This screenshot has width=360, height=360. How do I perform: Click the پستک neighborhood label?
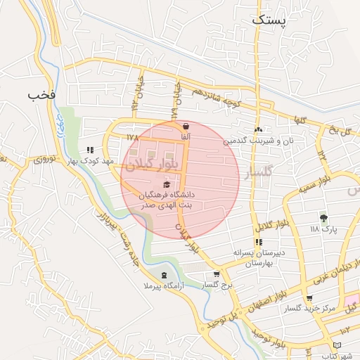[x=269, y=20]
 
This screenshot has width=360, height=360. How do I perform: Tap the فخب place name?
[x=41, y=94]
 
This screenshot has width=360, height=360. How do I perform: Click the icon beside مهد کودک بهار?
[x=90, y=150]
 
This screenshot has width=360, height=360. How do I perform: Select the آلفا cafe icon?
[x=186, y=127]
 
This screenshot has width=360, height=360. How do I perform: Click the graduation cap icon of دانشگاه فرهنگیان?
[x=166, y=184]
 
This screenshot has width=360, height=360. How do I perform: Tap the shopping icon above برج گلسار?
[x=216, y=275]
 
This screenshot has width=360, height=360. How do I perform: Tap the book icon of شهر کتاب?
[x=337, y=345]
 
